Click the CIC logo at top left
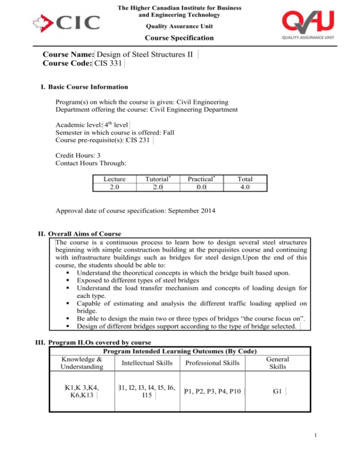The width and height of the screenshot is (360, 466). point(66,23)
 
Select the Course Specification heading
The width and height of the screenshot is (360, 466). point(180,38)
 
